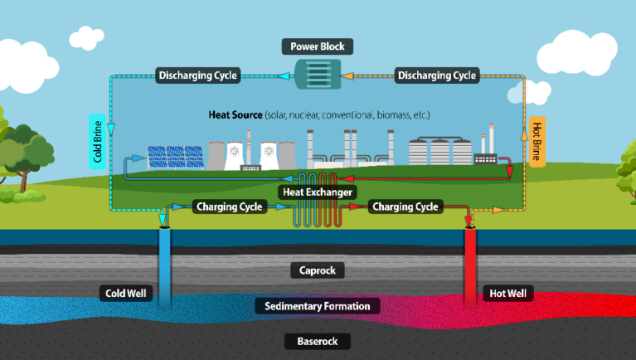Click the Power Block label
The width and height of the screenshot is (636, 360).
(318, 46)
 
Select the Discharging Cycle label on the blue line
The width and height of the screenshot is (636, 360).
(197, 75)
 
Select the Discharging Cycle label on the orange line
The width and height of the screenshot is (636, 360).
(437, 75)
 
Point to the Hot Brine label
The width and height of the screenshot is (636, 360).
(536, 141)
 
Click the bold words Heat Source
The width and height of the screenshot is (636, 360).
(235, 114)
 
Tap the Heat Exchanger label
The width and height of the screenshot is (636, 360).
(318, 192)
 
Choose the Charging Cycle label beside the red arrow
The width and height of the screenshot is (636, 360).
(405, 207)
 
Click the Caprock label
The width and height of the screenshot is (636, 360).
(318, 270)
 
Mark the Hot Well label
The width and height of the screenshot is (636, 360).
(507, 293)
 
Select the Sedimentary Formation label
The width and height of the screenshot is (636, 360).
(318, 306)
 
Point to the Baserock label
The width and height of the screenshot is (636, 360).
(318, 341)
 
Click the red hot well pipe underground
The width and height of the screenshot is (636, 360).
(472, 265)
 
